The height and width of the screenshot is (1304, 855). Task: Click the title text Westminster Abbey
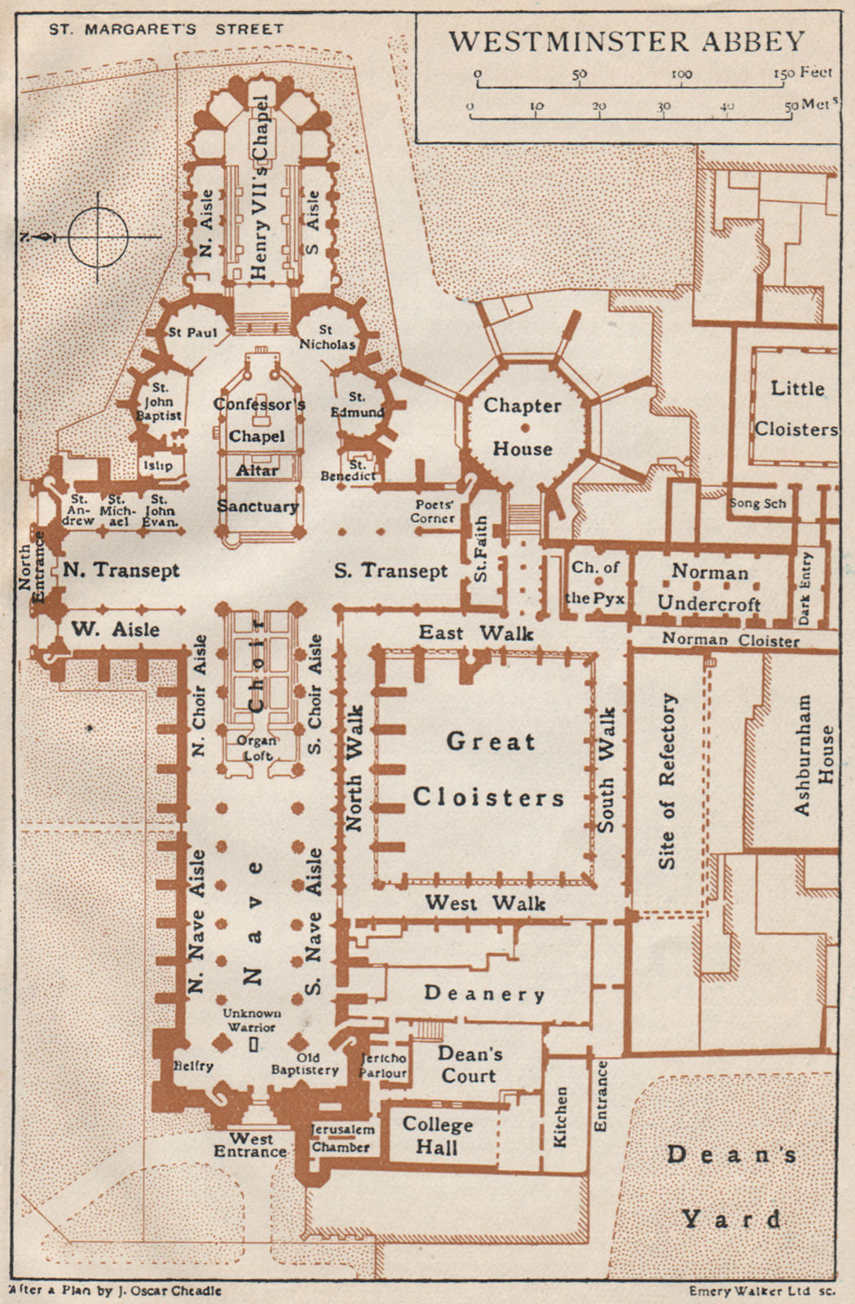pyautogui.click(x=627, y=41)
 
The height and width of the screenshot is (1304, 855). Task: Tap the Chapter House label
pyautogui.click(x=522, y=426)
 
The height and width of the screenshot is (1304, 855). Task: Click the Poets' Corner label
pyautogui.click(x=434, y=511)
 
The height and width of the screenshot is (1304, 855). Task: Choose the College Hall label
pyautogui.click(x=438, y=1135)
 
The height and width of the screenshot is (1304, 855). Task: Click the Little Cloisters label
pyautogui.click(x=796, y=408)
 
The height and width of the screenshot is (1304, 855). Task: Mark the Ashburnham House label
pyautogui.click(x=814, y=755)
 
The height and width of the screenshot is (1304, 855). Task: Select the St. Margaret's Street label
pyautogui.click(x=166, y=29)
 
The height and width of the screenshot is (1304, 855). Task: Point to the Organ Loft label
pyautogui.click(x=257, y=747)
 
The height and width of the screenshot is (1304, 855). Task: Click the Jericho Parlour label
pyautogui.click(x=382, y=1065)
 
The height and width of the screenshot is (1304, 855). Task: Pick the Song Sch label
pyautogui.click(x=757, y=503)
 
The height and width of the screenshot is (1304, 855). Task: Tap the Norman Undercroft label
pyautogui.click(x=709, y=588)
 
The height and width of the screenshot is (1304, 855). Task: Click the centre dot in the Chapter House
pyautogui.click(x=525, y=427)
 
